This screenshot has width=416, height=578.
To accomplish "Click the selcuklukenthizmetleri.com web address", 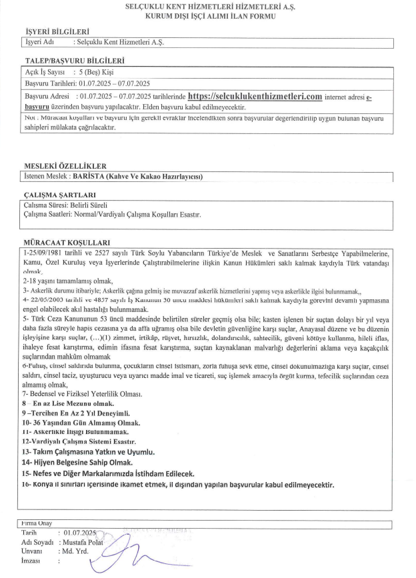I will (x=255, y=97).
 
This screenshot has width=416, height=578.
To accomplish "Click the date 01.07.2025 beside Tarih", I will (x=80, y=533).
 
